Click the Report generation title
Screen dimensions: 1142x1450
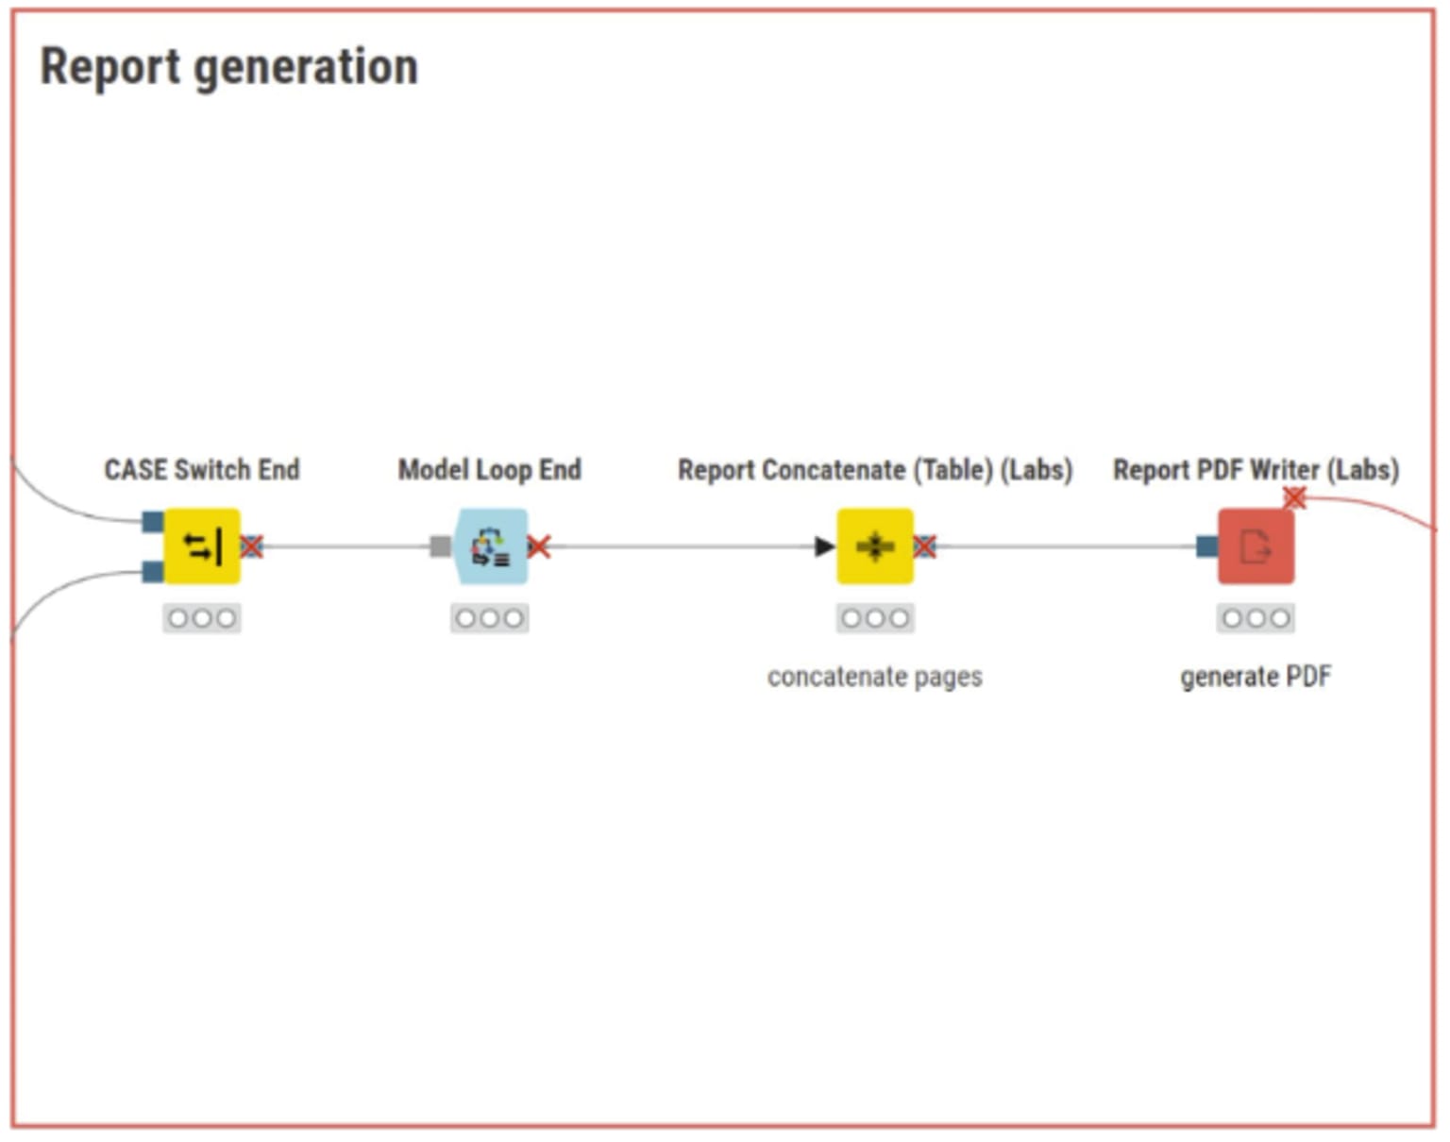tap(228, 68)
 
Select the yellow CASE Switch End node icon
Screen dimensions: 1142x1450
tap(202, 546)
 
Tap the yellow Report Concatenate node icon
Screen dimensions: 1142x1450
tap(875, 546)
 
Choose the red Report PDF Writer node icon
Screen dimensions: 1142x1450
tap(1256, 546)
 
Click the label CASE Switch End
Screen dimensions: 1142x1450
tap(202, 469)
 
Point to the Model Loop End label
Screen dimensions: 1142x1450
tap(490, 469)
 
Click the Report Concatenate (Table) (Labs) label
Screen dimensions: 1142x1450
tap(875, 469)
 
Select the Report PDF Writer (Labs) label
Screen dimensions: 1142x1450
tap(1256, 469)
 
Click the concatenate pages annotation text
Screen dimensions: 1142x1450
tap(875, 677)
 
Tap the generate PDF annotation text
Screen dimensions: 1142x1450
tap(1256, 677)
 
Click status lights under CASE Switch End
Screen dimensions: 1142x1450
tap(202, 618)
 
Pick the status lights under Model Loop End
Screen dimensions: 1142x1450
tap(490, 618)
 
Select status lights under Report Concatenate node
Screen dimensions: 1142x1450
tap(875, 618)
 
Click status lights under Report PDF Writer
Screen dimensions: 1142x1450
tap(1256, 618)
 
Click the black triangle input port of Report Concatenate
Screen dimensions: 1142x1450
tap(824, 546)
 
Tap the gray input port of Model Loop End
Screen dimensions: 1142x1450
tap(440, 546)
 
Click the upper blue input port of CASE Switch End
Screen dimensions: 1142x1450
tap(152, 521)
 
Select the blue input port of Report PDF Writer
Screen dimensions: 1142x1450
tap(1206, 546)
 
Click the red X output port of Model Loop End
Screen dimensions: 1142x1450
tap(539, 546)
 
